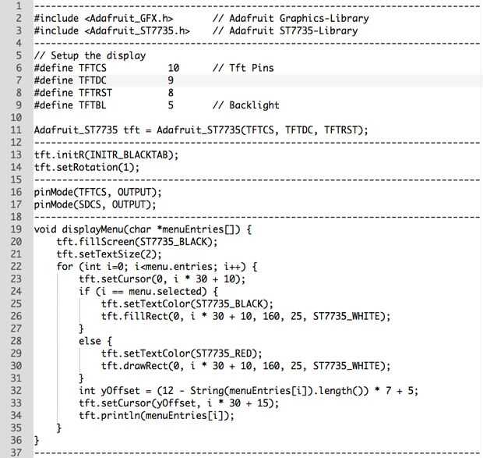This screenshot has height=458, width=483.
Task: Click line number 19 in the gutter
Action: click(x=16, y=229)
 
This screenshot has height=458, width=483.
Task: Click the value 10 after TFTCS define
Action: click(x=174, y=68)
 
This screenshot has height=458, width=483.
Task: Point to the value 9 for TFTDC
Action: click(x=171, y=80)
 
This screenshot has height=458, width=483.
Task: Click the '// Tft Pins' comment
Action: click(x=243, y=68)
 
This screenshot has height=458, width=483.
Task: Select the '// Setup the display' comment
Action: click(x=90, y=55)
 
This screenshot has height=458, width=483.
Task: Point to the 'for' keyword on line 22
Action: click(x=65, y=267)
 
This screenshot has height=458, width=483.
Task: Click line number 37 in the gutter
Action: click(x=16, y=453)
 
